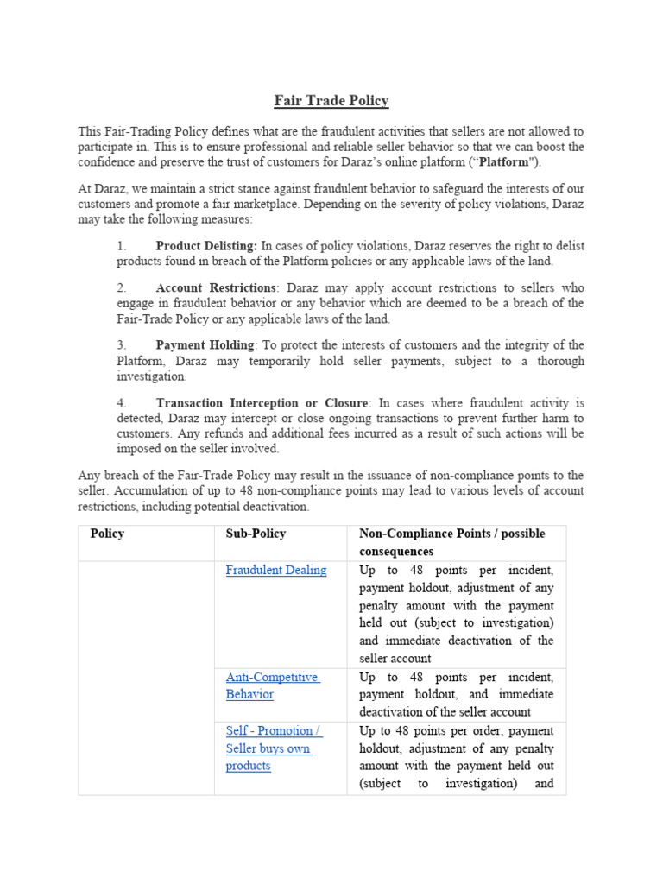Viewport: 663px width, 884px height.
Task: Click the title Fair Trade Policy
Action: (x=331, y=101)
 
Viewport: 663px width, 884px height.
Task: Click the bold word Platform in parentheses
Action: (x=504, y=161)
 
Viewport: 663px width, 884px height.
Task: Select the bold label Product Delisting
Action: (x=206, y=246)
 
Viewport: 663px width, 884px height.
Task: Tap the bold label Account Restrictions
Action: (x=216, y=287)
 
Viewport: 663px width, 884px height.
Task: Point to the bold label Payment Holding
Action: (x=205, y=345)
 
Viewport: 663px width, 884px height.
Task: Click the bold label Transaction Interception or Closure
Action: (x=262, y=403)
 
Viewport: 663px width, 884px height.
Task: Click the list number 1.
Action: (x=122, y=246)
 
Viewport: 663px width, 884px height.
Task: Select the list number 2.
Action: (x=122, y=287)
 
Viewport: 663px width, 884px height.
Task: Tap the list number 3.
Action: (x=122, y=345)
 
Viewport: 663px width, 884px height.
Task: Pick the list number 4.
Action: (x=122, y=403)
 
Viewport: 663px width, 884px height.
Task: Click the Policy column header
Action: (x=107, y=534)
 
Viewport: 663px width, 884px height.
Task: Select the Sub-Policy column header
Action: (x=256, y=534)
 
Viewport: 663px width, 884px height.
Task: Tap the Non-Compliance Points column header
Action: (x=452, y=542)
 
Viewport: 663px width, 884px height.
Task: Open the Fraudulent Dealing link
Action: (x=276, y=570)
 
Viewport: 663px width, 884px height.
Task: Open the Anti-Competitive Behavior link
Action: (x=272, y=685)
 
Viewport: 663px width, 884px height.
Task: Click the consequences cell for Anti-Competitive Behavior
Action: (x=457, y=694)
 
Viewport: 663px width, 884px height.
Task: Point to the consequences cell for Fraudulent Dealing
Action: (x=457, y=614)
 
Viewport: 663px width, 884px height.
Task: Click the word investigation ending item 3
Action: (x=151, y=376)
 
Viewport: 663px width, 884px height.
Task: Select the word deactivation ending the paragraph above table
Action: (x=272, y=507)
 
